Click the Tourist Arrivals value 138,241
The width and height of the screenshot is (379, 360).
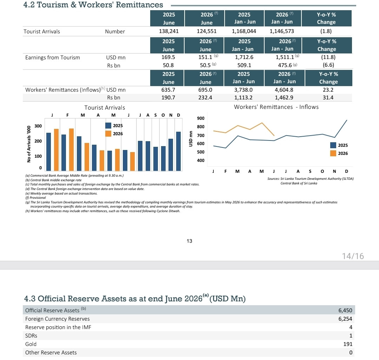(169, 31)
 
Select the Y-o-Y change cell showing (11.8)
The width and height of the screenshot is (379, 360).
(328, 57)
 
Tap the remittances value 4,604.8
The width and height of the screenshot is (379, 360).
(284, 90)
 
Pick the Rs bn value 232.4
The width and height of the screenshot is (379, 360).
(205, 98)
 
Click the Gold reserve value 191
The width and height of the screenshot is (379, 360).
(348, 344)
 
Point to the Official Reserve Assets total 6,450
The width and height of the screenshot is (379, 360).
(345, 310)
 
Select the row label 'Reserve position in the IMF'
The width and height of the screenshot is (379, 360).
(58, 327)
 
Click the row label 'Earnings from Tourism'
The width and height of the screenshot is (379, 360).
(52, 58)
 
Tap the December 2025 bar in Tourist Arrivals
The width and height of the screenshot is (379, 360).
(178, 151)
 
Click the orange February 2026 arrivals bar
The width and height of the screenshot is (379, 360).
(71, 150)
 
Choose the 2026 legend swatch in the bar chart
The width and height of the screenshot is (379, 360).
(108, 133)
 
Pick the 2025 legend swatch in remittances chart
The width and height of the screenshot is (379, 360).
(333, 145)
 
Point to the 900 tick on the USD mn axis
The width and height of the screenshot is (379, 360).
(201, 118)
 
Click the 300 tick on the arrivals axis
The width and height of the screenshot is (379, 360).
(38, 126)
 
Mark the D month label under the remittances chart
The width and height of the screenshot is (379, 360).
(347, 171)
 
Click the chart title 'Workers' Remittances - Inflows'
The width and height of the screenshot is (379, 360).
(276, 107)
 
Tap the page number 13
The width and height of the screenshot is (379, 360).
(189, 241)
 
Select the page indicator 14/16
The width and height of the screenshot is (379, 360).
(353, 256)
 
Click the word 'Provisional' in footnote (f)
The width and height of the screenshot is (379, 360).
(38, 198)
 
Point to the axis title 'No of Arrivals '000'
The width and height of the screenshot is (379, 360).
(29, 144)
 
